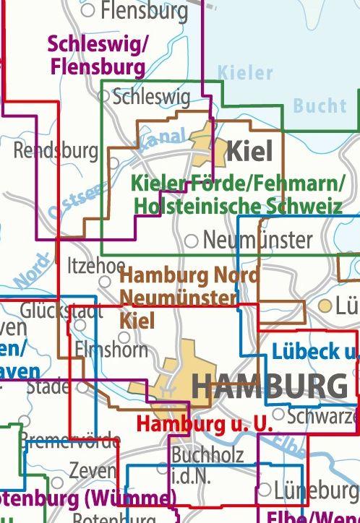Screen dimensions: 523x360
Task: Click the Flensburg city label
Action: pos(145,11)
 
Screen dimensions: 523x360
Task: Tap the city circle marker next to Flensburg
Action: pos(89,10)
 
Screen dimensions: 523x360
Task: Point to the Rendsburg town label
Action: pos(56,151)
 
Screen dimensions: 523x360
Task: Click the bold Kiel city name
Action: pos(250,152)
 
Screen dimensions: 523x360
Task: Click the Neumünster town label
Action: pos(258,239)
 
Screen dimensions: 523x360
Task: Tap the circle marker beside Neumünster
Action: pos(192,241)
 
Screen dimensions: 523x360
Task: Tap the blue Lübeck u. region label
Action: pos(315,352)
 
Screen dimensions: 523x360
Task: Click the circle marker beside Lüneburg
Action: pos(265,490)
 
